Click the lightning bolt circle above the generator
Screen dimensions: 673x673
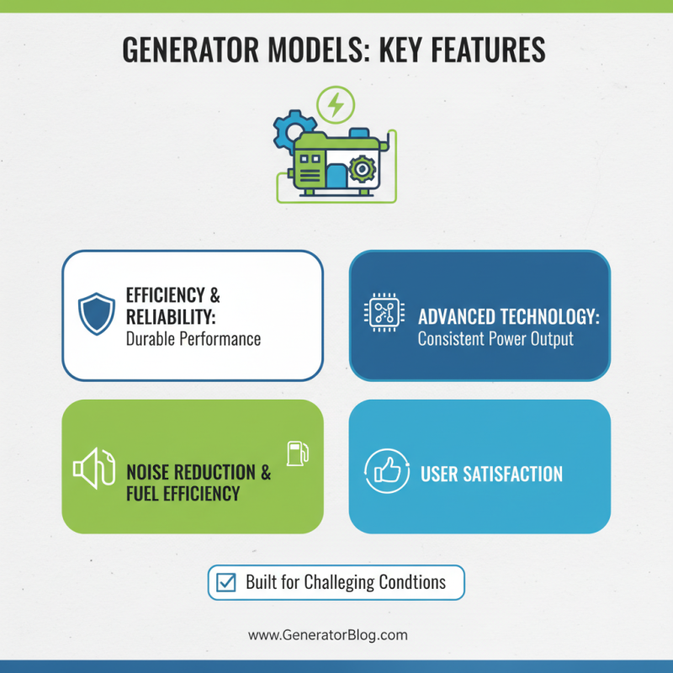pyautogui.click(x=336, y=105)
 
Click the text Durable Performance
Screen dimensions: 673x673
pyautogui.click(x=193, y=339)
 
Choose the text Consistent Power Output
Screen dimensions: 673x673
pyautogui.click(x=495, y=340)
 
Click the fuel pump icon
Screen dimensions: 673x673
pyautogui.click(x=297, y=453)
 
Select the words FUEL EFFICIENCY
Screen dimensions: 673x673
pyautogui.click(x=183, y=493)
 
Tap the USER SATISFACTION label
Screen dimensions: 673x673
pyautogui.click(x=491, y=474)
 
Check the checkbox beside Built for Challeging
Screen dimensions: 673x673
pyautogui.click(x=226, y=582)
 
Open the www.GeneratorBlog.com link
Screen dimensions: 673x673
pyautogui.click(x=327, y=635)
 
